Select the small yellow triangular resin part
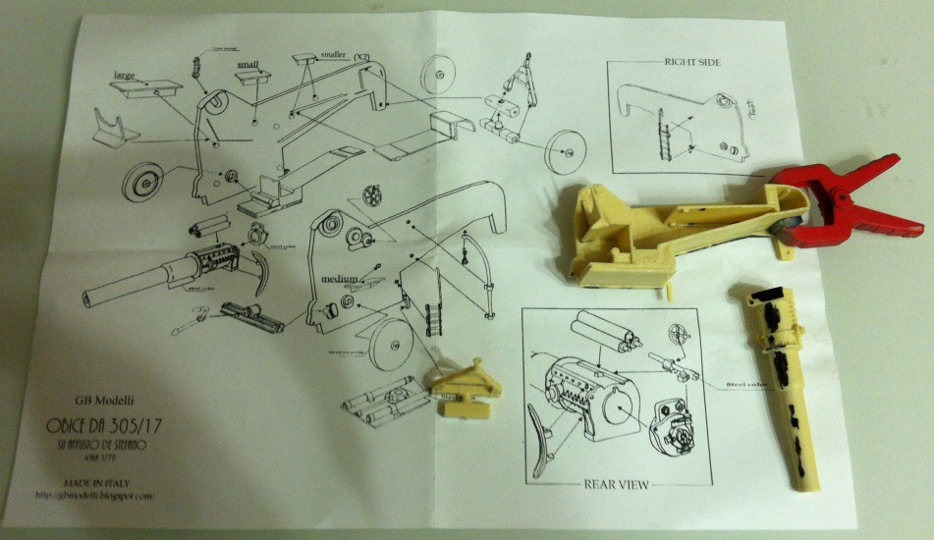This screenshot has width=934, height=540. [461, 387]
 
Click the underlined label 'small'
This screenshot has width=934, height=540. [247, 66]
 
